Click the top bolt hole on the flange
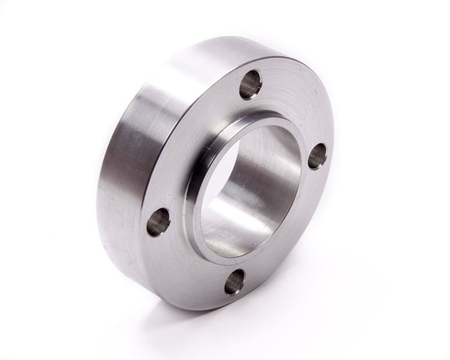250,85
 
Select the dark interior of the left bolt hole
157,223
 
